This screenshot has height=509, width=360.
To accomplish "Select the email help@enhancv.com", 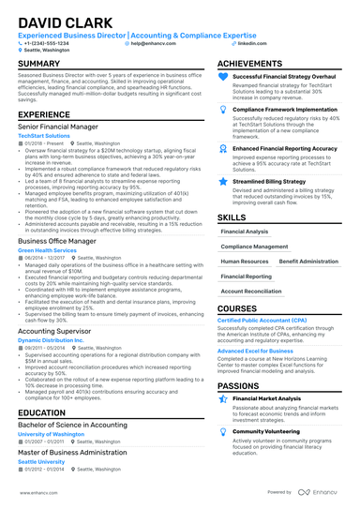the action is (150, 43).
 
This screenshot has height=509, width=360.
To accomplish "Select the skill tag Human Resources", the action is (244, 262).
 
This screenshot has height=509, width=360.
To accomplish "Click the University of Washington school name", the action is (51, 434).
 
